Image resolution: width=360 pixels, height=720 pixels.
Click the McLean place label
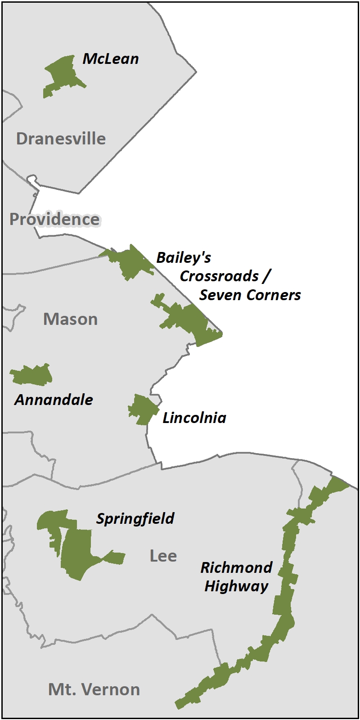tap(111, 59)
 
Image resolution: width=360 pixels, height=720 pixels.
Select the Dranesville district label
tap(61, 139)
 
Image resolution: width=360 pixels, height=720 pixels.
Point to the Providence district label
tap(54, 219)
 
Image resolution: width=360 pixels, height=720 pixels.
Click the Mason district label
tap(70, 319)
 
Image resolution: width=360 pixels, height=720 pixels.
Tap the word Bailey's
tap(184, 258)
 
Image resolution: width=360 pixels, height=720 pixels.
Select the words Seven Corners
tap(250, 295)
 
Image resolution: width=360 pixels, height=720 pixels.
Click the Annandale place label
tap(54, 400)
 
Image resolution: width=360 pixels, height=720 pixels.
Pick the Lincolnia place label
tap(194, 418)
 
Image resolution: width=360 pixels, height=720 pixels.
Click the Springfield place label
tap(135, 519)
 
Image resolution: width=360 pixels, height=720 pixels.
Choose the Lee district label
tap(163, 556)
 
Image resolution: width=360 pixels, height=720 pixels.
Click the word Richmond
tap(236, 567)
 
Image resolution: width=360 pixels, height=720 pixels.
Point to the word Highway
tap(236, 586)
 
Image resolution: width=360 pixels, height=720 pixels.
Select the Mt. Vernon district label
tap(94, 689)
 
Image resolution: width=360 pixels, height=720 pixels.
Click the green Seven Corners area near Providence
tap(130, 263)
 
